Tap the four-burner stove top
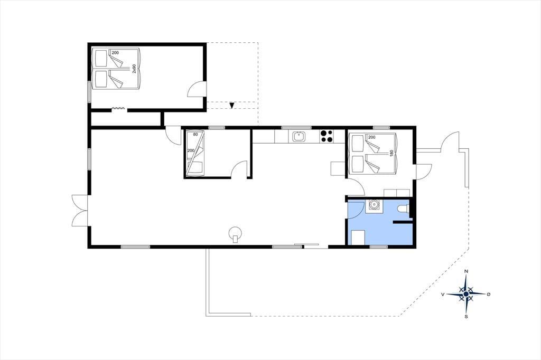pos(327,136)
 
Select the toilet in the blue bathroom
pos(403,209)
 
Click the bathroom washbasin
pos(374,205)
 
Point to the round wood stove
pos(236,233)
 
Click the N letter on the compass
pos(466,271)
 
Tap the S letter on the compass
pos(466,317)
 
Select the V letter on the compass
pos(443,295)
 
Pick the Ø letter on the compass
pos(488,294)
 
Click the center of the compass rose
pos(466,294)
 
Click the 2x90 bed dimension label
pos(134,68)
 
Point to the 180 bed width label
pos(391,154)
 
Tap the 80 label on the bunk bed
pos(195,135)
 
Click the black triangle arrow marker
pos(232,105)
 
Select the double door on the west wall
pos(80,210)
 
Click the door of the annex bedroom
pos(197,89)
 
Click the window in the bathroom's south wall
pos(378,247)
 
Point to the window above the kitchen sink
pos(296,128)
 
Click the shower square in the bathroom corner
pos(358,238)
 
